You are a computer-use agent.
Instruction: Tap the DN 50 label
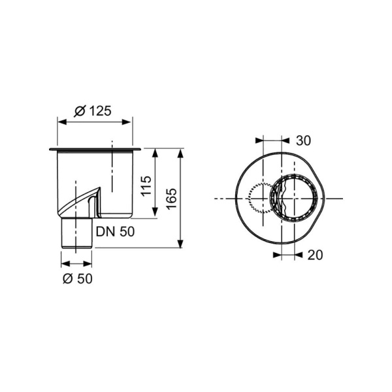pos(116,231)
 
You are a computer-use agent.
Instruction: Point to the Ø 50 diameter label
pos(77,278)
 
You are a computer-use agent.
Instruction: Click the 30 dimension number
pos(302,140)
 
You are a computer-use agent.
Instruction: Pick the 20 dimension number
pos(314,255)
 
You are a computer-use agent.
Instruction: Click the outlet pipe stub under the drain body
pos(76,233)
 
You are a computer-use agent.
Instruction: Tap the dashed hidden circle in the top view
pos(261,199)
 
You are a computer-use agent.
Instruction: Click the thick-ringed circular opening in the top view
pos(299,198)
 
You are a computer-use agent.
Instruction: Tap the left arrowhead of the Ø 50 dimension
pos(64,264)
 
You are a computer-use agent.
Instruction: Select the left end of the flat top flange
pos(50,150)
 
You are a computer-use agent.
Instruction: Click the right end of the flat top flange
pos(139,150)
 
